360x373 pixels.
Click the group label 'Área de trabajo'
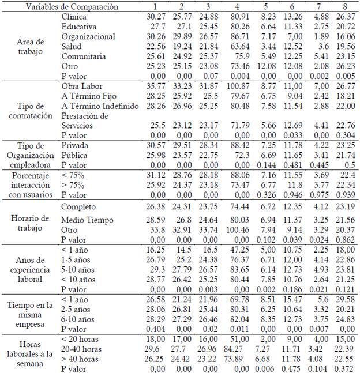(32, 42)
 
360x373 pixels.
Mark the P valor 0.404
(155, 329)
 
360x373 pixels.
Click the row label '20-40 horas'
(84, 349)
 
